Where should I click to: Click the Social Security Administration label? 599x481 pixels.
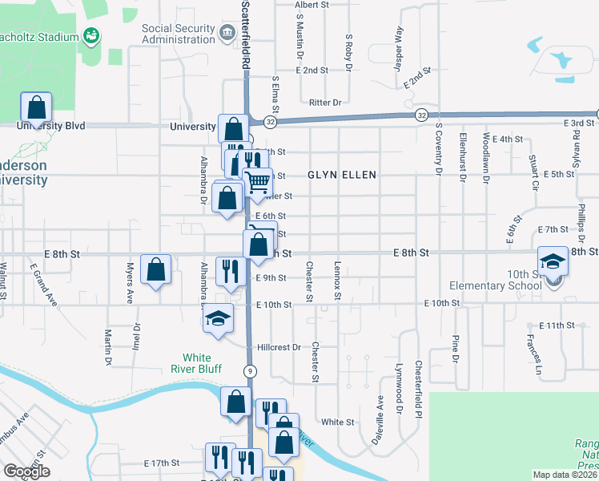(x=179, y=33)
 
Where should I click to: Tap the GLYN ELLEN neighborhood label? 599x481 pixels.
(x=342, y=174)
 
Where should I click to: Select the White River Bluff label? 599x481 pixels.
(x=186, y=364)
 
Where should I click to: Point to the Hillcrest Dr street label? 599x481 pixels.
(x=279, y=348)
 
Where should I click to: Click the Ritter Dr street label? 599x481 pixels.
(x=325, y=103)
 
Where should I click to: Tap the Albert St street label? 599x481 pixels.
(x=312, y=5)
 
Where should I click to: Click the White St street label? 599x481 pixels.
(x=337, y=422)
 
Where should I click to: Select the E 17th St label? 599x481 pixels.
(x=161, y=463)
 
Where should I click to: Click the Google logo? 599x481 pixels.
(x=26, y=471)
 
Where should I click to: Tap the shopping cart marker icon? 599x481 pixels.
(x=257, y=184)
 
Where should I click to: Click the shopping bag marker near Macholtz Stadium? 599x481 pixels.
(x=36, y=107)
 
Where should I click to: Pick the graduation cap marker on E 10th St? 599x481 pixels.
(x=218, y=318)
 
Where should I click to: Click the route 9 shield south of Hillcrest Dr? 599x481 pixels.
(x=251, y=370)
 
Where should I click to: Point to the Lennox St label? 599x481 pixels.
(x=338, y=281)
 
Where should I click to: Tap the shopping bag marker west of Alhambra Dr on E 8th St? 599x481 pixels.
(x=156, y=269)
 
